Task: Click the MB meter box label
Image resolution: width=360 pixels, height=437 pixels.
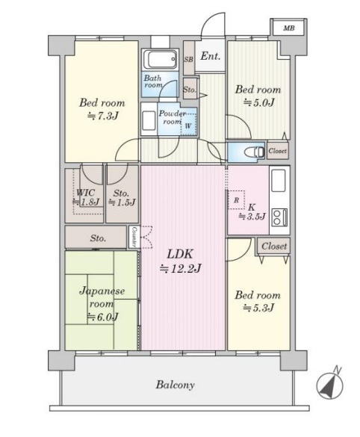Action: pyautogui.click(x=288, y=28)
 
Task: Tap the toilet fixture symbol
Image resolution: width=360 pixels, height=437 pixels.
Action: pyautogui.click(x=254, y=152)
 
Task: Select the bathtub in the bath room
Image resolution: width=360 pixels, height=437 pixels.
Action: pyautogui.click(x=160, y=60)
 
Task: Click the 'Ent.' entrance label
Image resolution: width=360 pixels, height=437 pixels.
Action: pyautogui.click(x=211, y=56)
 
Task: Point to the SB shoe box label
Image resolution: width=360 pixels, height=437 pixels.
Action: pyautogui.click(x=189, y=59)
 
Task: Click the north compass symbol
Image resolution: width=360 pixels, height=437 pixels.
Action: pyautogui.click(x=330, y=385)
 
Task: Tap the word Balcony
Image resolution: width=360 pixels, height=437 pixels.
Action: pyautogui.click(x=175, y=385)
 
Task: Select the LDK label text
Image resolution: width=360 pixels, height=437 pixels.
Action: pyautogui.click(x=180, y=254)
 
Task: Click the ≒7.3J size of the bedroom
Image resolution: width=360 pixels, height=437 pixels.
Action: pyautogui.click(x=102, y=115)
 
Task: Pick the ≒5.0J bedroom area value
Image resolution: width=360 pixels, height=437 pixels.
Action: pyautogui.click(x=259, y=102)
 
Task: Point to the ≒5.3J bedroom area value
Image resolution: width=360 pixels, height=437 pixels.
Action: pyautogui.click(x=258, y=308)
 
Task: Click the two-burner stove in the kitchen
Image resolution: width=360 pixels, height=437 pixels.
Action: pyautogui.click(x=279, y=217)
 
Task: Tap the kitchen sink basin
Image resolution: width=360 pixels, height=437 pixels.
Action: pyautogui.click(x=279, y=181)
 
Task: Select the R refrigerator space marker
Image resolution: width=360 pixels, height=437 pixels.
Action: pyautogui.click(x=236, y=200)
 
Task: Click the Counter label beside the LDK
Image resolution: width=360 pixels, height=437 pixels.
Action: pyautogui.click(x=134, y=237)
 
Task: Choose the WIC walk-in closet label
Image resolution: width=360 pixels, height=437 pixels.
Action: pyautogui.click(x=86, y=193)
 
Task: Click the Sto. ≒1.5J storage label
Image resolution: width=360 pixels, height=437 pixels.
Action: pyautogui.click(x=122, y=198)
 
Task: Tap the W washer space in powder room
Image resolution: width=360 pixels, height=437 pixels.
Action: pyautogui.click(x=188, y=126)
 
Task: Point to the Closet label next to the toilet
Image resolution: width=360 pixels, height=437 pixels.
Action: pyautogui.click(x=277, y=151)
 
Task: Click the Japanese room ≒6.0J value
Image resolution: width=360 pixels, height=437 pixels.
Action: pyautogui.click(x=103, y=317)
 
